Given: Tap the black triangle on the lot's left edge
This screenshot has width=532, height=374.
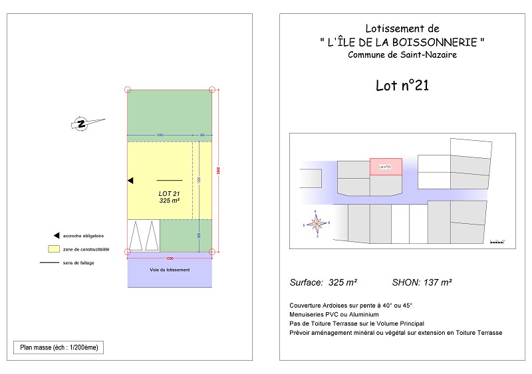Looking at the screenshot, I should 130,180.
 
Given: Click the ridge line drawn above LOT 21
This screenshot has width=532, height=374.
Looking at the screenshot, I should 169,180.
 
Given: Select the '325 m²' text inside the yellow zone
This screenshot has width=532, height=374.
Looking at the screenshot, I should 170,200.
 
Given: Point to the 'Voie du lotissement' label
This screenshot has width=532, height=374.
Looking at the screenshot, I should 170,270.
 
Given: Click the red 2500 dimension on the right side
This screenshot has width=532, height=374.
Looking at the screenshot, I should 219,171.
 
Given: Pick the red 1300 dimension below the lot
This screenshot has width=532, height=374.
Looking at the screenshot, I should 170,258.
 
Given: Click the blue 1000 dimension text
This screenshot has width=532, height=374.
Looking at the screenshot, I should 160,136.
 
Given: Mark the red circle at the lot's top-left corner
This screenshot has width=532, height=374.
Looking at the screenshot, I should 128,90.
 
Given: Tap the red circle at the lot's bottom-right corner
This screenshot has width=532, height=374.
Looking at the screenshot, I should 212,252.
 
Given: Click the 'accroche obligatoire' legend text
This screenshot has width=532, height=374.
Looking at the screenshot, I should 83,236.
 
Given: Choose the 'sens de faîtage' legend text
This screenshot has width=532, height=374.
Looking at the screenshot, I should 78,263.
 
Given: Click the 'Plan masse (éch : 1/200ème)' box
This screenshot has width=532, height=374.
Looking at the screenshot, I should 59,347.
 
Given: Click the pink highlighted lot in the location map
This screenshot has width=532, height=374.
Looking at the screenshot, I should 386,166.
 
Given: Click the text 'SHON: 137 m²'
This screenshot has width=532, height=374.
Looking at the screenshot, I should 422,282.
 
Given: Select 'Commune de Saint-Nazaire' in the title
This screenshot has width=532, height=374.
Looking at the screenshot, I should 402,54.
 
